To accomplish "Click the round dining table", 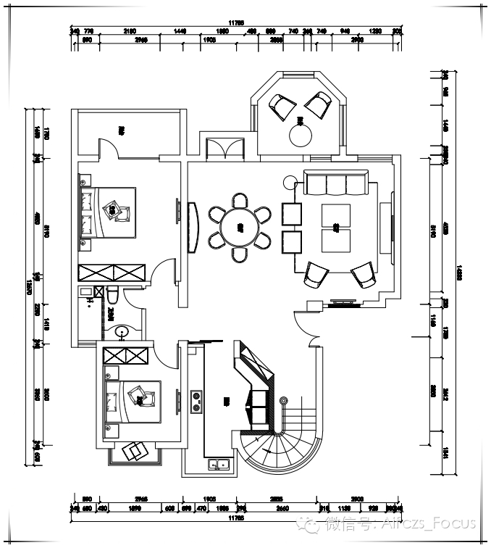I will tap(240, 226).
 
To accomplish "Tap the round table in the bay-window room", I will tap(300, 135).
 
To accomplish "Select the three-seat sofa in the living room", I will tap(336, 183).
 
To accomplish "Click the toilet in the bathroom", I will tap(113, 295).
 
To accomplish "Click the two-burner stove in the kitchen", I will tap(196, 402).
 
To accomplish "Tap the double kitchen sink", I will tap(218, 465).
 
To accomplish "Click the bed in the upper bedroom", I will tap(109, 212).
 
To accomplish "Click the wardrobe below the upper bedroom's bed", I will tap(112, 273).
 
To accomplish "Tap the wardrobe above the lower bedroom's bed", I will tap(126, 356).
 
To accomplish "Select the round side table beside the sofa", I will tap(290, 180).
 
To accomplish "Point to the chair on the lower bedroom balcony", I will tap(135, 451).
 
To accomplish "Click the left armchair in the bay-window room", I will tap(282, 107).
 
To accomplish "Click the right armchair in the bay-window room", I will tap(318, 104).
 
